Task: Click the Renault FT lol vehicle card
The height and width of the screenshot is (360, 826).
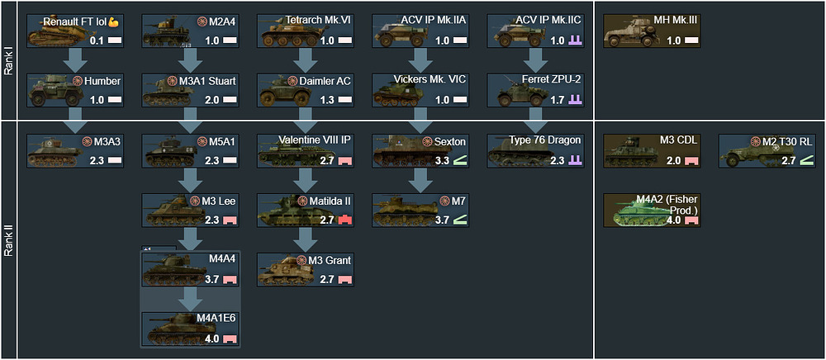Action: [x=74, y=31]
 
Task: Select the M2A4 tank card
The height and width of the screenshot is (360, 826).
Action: [x=190, y=31]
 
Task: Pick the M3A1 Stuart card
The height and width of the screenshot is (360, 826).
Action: [x=190, y=90]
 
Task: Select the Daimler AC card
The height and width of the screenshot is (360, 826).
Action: [x=305, y=90]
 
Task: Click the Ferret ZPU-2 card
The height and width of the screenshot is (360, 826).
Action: [x=536, y=90]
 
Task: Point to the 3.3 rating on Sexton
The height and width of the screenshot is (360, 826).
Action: [x=443, y=160]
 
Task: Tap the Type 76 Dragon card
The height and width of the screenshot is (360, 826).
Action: [x=536, y=150]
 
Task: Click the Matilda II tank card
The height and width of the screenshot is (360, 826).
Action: [x=305, y=211]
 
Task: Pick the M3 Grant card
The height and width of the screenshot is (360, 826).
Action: [x=305, y=270]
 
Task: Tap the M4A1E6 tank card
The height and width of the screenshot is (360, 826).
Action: [x=190, y=329]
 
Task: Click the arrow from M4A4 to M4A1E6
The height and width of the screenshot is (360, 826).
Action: [x=190, y=299]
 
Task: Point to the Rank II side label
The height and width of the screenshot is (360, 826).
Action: [x=8, y=239]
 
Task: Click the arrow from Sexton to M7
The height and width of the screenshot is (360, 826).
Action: [x=420, y=180]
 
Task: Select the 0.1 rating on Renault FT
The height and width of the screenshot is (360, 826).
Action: [x=97, y=40]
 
